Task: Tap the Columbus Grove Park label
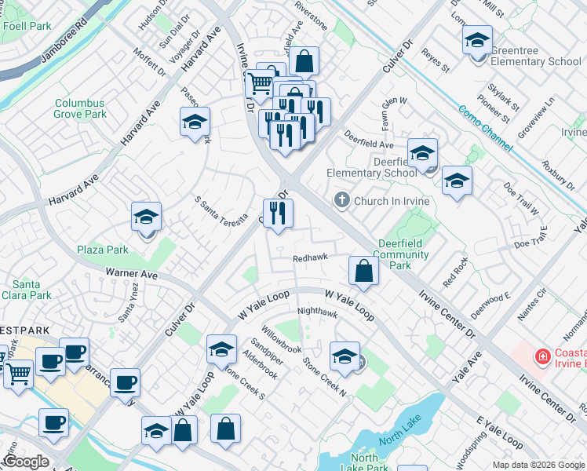(x=79, y=108)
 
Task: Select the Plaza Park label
(x=102, y=250)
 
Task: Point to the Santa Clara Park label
(x=31, y=290)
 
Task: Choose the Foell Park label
(x=27, y=26)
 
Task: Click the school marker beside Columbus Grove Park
(x=195, y=122)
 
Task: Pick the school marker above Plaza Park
(x=146, y=216)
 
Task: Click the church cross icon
(x=341, y=200)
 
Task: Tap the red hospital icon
(x=541, y=358)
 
